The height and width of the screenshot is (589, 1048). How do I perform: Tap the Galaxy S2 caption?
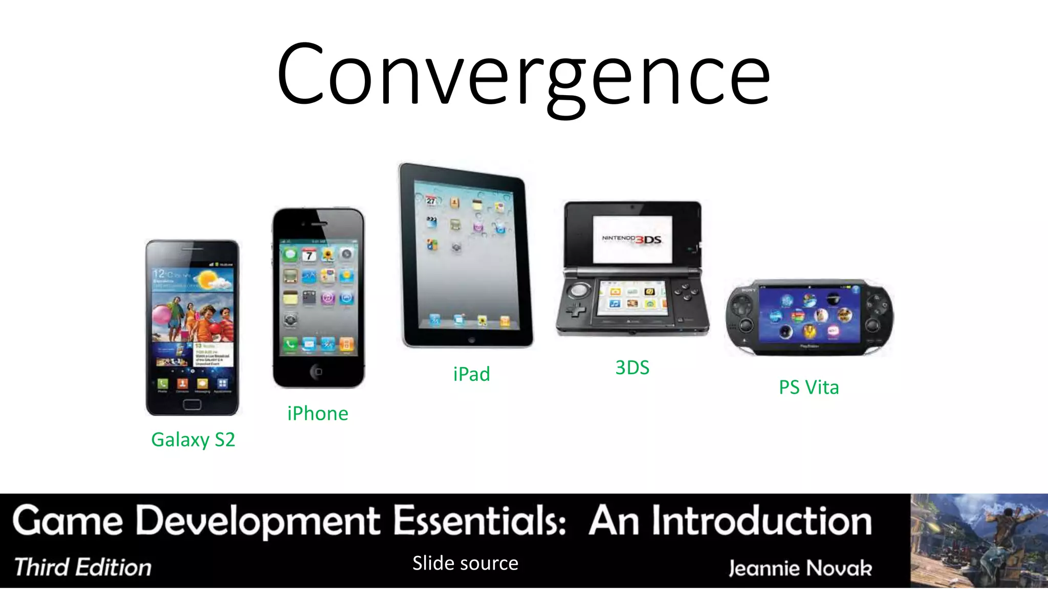click(193, 440)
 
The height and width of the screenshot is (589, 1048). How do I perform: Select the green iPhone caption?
click(317, 413)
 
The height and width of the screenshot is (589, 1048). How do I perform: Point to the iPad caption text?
click(471, 374)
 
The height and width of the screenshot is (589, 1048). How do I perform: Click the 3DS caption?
click(632, 368)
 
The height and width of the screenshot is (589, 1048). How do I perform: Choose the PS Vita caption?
click(809, 387)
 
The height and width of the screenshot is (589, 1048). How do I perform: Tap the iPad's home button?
click(471, 340)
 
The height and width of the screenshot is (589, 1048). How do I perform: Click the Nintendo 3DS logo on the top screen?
click(632, 239)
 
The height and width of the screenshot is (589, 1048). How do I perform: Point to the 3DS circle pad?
click(579, 290)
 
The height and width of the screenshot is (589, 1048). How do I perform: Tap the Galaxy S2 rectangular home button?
click(192, 404)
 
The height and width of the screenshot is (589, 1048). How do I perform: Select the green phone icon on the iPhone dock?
click(290, 344)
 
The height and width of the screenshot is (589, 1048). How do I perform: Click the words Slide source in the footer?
click(465, 563)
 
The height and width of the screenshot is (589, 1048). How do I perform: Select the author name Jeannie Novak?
click(800, 568)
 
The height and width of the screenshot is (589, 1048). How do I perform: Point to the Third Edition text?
click(83, 568)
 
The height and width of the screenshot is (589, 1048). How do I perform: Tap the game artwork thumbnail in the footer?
click(978, 540)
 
